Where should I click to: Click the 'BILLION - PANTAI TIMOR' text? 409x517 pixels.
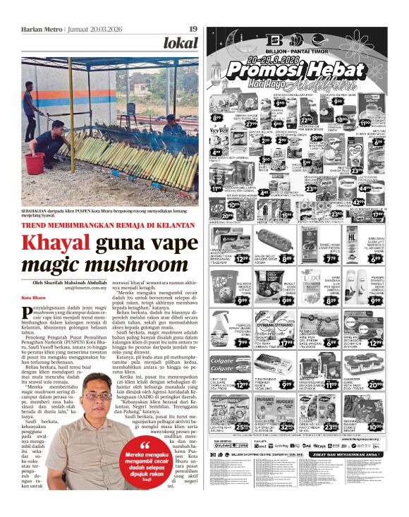point(298,52)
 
